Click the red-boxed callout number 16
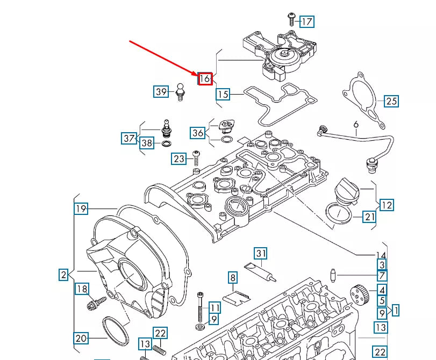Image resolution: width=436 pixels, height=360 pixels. [205, 78]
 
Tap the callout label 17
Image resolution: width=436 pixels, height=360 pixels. [306, 21]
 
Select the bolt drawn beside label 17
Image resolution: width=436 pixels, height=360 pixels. [291, 18]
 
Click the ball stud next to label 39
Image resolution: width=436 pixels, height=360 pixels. [180, 91]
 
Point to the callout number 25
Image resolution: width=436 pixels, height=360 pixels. [391, 100]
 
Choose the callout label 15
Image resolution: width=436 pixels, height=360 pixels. [223, 95]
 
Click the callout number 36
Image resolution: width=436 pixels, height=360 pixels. [197, 133]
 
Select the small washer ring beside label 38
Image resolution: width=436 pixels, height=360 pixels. [167, 144]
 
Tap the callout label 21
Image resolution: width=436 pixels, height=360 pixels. [369, 217]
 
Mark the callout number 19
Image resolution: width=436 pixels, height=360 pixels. [81, 209]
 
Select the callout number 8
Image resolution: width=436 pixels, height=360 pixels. [232, 278]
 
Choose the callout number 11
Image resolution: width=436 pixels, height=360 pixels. [214, 308]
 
